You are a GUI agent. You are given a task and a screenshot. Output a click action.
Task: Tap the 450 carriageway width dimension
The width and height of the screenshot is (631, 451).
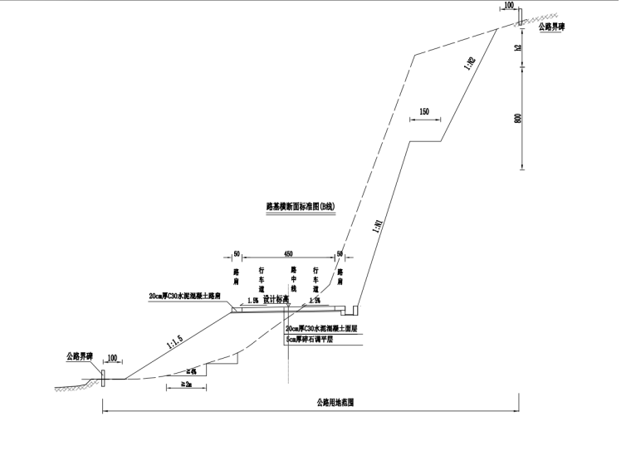click(287, 254)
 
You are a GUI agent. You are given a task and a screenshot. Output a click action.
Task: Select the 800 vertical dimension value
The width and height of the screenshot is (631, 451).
click(518, 117)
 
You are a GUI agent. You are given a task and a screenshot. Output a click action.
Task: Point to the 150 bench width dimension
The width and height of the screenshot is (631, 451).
click(424, 111)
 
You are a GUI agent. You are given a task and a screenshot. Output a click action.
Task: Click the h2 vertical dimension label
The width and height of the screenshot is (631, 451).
click(518, 47)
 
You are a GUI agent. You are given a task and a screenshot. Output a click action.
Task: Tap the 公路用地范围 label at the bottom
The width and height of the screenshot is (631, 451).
click(335, 402)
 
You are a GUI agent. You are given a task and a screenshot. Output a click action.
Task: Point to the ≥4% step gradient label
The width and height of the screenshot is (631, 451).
click(191, 370)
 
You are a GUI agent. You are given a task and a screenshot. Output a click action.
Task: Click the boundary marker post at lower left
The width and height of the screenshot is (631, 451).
click(102, 378)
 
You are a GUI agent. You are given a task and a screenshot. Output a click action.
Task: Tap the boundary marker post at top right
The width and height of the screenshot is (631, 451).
click(519, 17)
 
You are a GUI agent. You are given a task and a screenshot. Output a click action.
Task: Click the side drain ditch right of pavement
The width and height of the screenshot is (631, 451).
click(352, 311)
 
